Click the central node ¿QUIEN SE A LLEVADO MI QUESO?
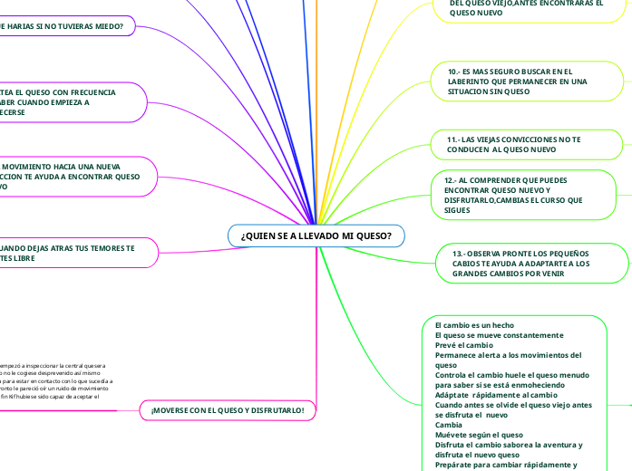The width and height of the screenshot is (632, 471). (316, 235)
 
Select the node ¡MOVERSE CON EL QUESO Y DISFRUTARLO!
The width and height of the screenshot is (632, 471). (228, 410)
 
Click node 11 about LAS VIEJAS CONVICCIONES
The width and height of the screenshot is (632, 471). (514, 143)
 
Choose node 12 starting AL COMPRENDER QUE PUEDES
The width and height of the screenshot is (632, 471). (513, 195)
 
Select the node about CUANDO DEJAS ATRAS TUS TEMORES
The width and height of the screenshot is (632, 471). (68, 253)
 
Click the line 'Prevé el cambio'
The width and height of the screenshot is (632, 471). (463, 344)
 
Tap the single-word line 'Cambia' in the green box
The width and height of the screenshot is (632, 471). (450, 424)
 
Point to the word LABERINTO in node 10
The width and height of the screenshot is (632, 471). (472, 81)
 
